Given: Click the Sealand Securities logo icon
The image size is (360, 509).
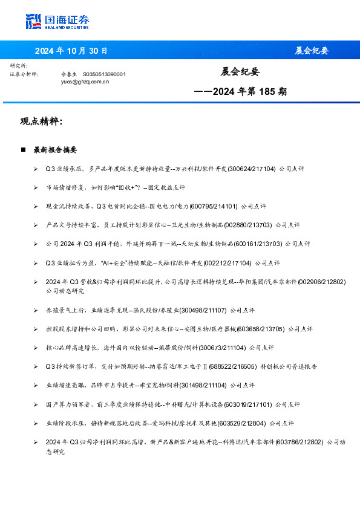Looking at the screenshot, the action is (34, 22).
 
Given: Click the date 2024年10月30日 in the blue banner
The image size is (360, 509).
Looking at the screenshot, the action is (71, 51).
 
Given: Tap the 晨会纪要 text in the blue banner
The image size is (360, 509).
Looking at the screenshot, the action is (312, 51).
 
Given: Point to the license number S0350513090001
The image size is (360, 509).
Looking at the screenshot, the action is (104, 74).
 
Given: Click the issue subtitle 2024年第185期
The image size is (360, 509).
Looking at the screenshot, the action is (240, 92).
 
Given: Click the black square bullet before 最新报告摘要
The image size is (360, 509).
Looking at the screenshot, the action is (23, 149).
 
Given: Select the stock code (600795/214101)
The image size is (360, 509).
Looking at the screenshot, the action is (214, 206).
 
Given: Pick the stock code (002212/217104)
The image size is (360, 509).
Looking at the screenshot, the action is (227, 263).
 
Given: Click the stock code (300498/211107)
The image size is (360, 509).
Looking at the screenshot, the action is (202, 310).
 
